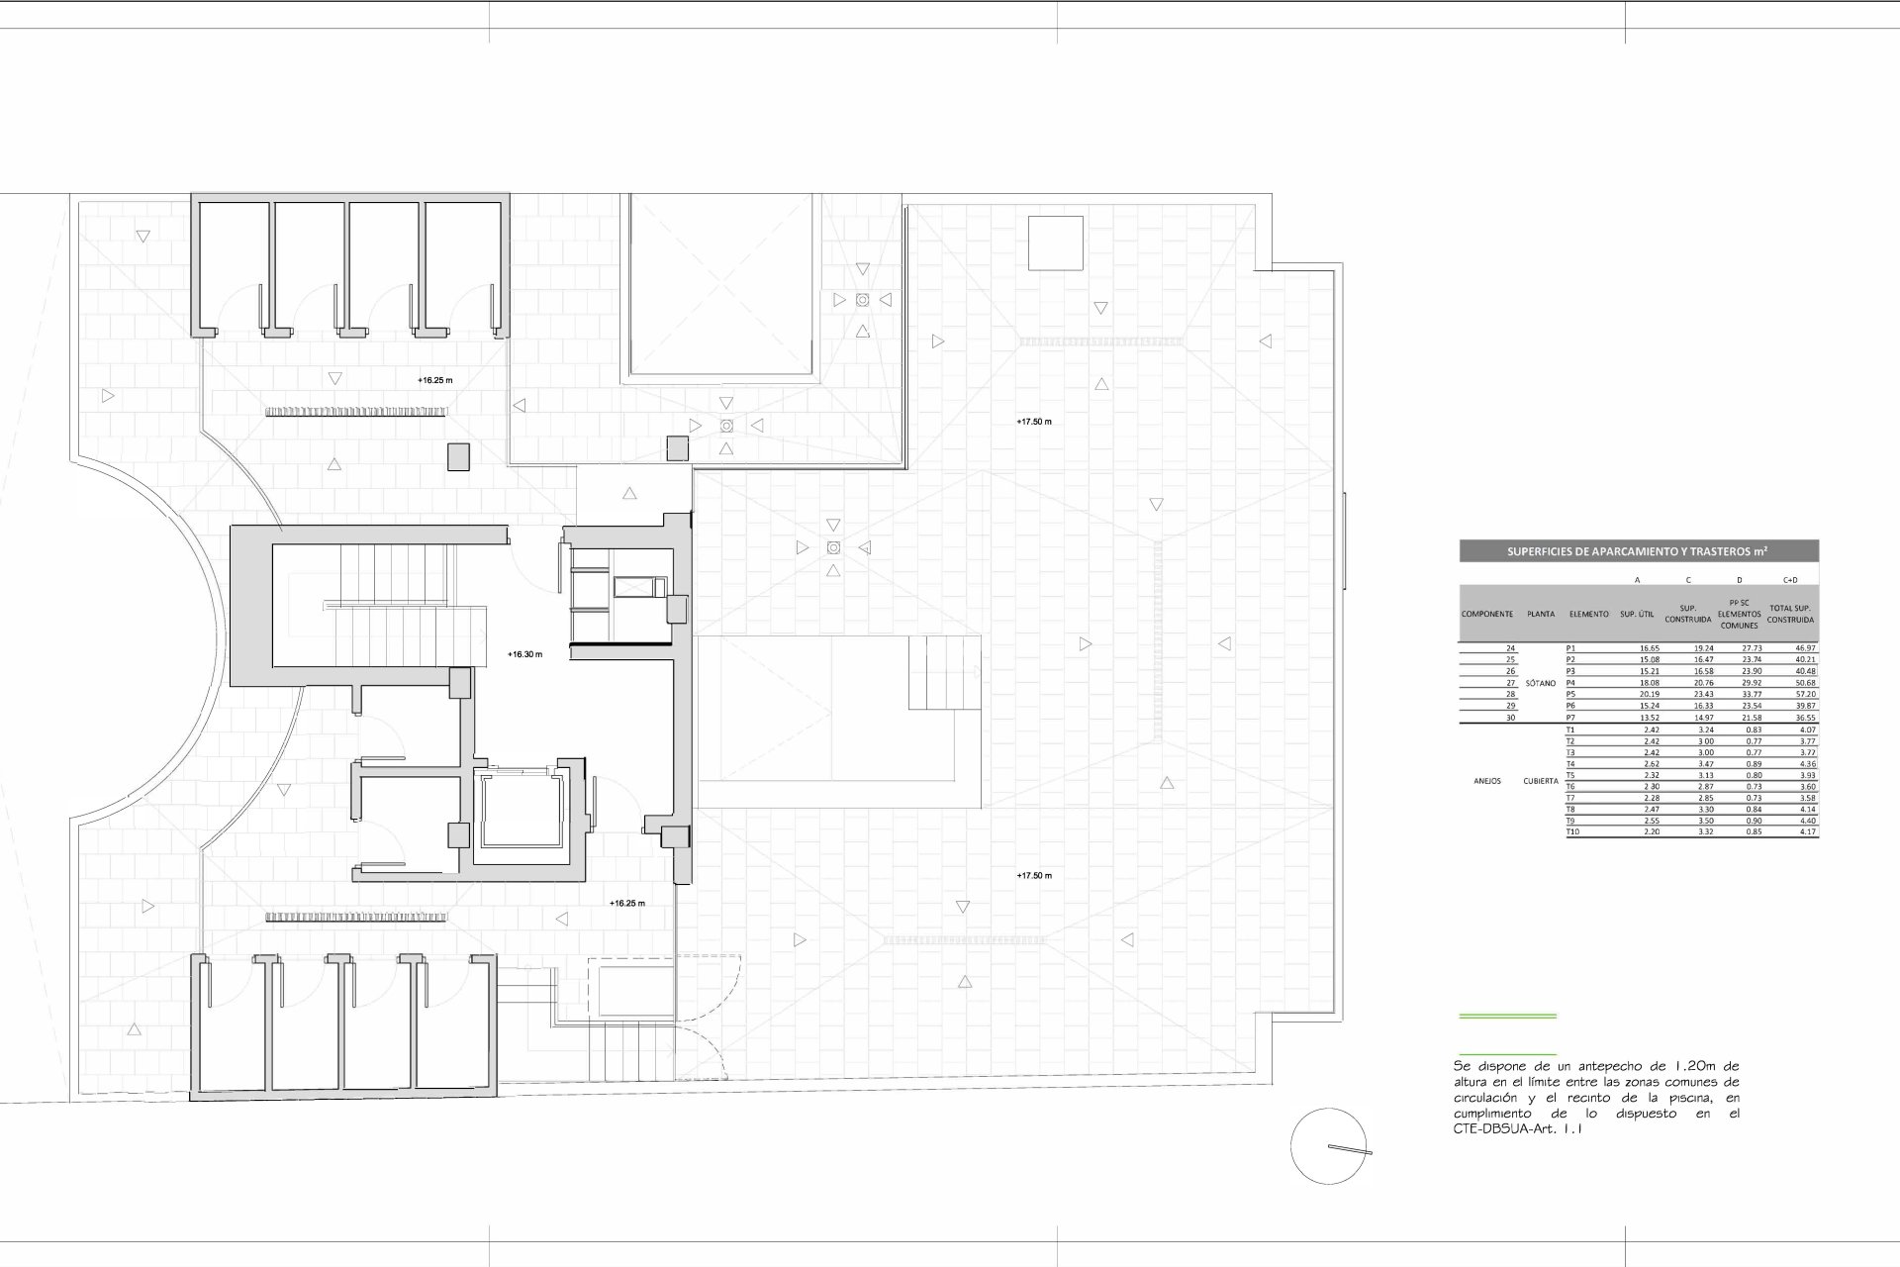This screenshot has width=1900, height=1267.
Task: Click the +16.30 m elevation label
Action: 524,654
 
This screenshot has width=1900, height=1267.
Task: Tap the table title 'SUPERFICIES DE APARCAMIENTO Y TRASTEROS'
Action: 1638,551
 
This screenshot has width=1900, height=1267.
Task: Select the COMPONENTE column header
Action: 1486,614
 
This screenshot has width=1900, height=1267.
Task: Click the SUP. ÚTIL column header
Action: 1637,614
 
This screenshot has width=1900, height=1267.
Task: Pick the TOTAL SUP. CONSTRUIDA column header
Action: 1790,614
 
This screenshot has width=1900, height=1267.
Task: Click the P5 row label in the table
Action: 1570,695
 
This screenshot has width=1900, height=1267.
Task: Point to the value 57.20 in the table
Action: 1805,695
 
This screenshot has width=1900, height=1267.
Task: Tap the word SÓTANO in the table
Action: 1540,683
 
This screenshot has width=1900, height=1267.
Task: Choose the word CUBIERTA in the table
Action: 1541,781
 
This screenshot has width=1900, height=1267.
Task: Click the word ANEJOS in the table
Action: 1486,781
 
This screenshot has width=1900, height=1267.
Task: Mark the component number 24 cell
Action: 1510,648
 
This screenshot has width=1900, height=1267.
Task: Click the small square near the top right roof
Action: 1055,243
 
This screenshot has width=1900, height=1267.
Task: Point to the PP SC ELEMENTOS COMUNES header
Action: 1739,614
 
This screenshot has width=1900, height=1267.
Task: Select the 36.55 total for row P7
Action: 1805,718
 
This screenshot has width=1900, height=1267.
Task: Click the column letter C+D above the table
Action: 1790,580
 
